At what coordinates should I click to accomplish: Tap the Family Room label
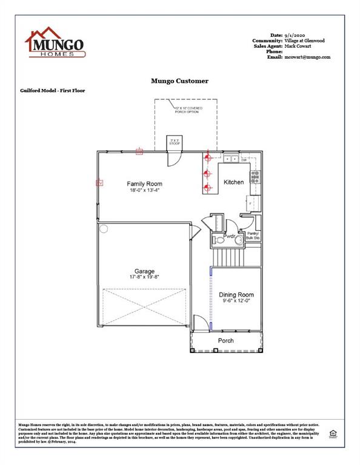point(144,183)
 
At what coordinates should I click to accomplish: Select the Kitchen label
point(234,182)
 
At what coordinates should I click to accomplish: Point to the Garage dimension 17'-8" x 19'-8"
point(144,277)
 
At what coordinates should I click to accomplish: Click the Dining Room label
point(236,295)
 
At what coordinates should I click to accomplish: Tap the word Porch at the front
point(226,340)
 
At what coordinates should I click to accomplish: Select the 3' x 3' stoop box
point(175,143)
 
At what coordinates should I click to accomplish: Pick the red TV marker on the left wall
point(99,182)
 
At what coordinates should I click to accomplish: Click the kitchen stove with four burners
point(256,177)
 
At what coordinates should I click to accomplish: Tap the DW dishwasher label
point(244,160)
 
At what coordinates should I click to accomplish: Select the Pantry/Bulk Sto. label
point(253,236)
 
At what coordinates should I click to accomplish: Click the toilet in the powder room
point(220,240)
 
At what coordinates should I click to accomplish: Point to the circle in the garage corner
point(104,229)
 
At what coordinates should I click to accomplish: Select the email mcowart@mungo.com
point(307,57)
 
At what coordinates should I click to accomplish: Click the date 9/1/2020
point(296,35)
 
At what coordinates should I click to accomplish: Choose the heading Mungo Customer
point(179,81)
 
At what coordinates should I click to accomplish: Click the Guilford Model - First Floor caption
point(53,90)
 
